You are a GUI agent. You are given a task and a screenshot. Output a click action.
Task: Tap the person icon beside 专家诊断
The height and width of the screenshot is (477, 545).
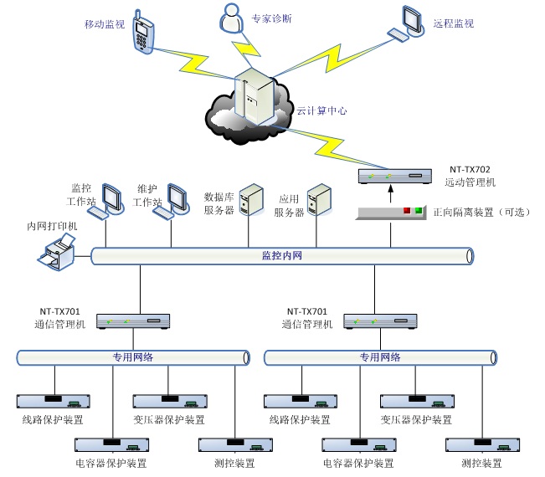point(229,18)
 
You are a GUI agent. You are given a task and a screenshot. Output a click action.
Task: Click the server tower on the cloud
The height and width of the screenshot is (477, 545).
point(255,99)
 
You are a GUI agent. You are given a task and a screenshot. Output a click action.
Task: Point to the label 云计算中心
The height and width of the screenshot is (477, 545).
point(321,110)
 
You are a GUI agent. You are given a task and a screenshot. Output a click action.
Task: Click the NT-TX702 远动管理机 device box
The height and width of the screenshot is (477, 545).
point(393,176)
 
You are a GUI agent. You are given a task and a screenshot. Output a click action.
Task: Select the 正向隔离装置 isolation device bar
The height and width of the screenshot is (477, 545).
point(391,213)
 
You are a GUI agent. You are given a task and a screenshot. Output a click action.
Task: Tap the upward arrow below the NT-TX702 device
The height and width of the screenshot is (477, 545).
point(390,194)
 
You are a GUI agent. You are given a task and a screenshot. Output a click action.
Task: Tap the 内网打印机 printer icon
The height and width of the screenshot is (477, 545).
point(59,253)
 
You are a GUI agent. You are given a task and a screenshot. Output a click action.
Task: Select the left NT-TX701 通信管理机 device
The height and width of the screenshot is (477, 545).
point(134,321)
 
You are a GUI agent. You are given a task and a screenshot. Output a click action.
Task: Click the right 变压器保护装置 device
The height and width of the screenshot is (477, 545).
point(415,400)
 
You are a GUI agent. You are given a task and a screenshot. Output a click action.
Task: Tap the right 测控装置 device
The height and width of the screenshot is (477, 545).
point(481,444)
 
